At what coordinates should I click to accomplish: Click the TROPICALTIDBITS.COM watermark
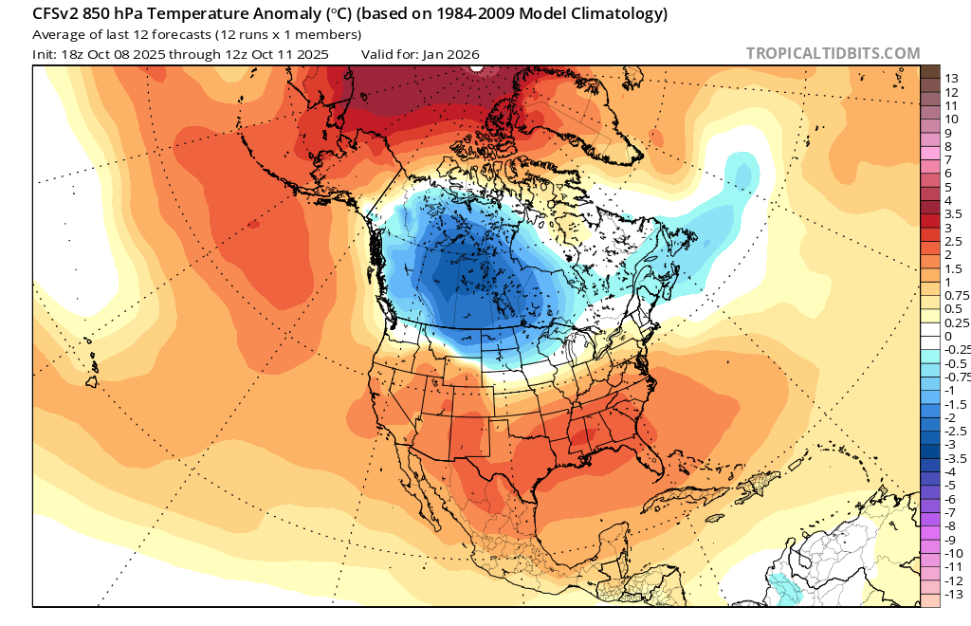833,54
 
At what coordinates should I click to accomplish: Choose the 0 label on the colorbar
947,336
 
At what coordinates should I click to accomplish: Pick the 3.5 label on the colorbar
953,214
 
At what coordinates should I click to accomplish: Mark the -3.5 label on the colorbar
956,458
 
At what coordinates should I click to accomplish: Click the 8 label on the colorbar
947,146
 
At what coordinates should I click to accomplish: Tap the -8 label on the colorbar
951,525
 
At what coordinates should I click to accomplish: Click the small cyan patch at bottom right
783,588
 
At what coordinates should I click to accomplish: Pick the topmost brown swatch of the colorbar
929,72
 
